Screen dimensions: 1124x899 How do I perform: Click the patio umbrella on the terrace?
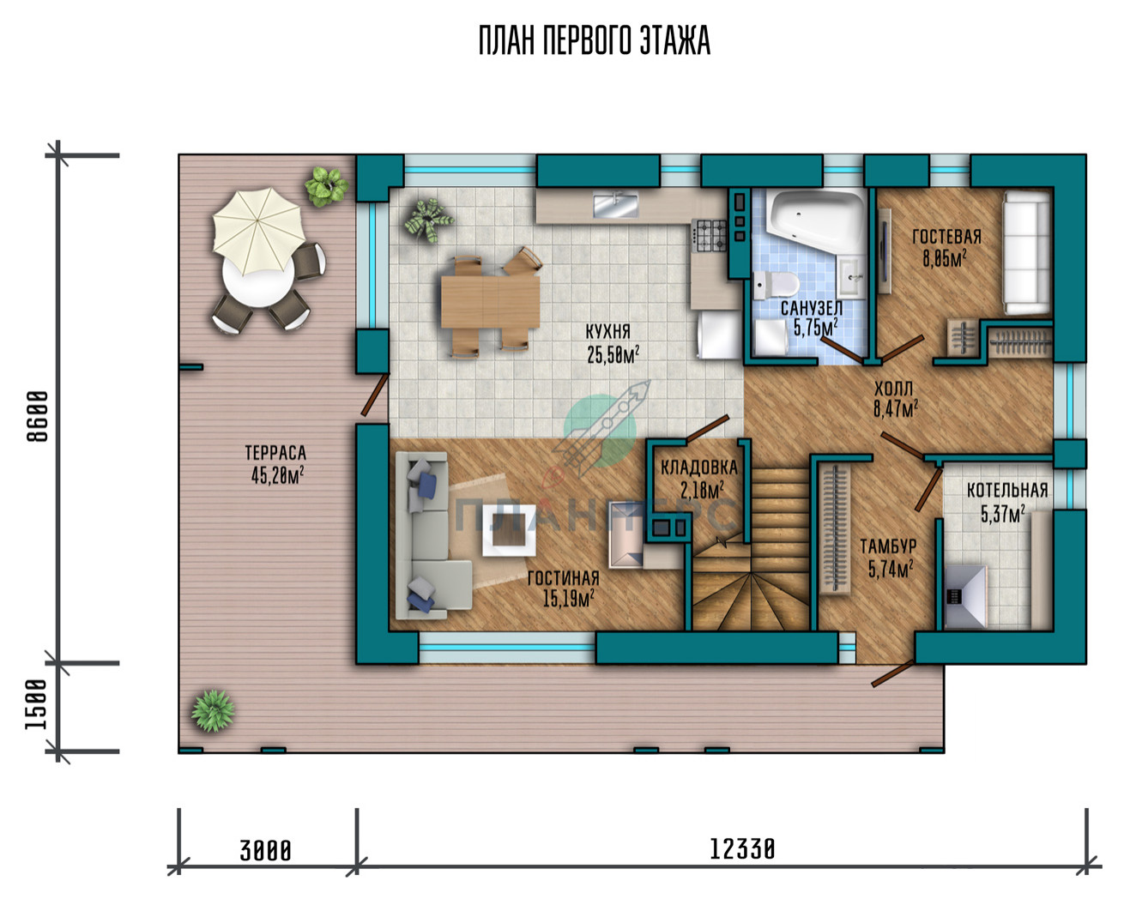[x=258, y=229]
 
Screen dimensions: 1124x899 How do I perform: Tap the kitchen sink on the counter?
[x=616, y=205]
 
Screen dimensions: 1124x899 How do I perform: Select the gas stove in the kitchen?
[x=710, y=236]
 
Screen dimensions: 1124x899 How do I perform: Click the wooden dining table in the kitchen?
[x=490, y=301]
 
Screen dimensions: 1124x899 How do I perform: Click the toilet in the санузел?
[x=777, y=285]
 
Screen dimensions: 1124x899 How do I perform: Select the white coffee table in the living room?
[x=509, y=529]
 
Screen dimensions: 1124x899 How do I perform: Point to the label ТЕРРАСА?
[x=275, y=452]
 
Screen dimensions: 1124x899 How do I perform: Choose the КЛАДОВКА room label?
[x=698, y=468]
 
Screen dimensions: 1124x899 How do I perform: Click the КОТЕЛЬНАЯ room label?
[x=1007, y=491]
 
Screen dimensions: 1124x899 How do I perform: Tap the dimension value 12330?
[x=742, y=849]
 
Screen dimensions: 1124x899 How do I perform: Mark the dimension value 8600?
[x=38, y=416]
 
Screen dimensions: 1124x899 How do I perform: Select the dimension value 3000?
[x=265, y=850]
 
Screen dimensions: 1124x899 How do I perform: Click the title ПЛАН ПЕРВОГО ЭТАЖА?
[x=595, y=40]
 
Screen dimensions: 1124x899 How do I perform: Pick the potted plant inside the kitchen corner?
[x=428, y=220]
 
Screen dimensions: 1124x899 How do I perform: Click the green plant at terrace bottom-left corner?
[x=213, y=710]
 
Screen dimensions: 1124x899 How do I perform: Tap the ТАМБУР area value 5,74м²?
[x=891, y=570]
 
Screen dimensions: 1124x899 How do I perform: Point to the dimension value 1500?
[x=37, y=704]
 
